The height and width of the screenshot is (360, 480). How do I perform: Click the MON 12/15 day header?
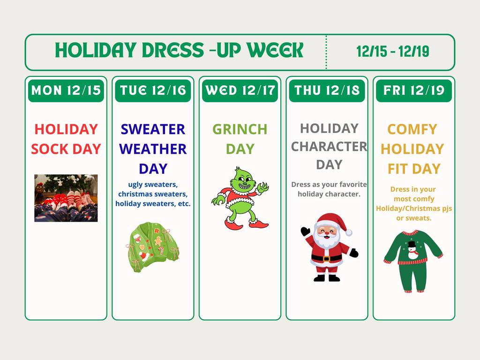coord(66,90)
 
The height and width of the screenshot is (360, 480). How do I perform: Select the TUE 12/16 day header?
coord(153,90)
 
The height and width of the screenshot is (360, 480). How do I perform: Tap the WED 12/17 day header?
coord(240,90)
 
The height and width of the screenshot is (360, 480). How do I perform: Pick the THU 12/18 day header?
coord(327,90)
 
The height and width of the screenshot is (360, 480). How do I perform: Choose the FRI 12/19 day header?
coord(414,90)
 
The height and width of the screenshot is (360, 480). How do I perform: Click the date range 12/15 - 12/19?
coord(392,52)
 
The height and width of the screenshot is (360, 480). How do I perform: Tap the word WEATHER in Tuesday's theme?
coord(153,149)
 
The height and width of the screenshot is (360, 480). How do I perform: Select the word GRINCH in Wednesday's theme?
coord(240,129)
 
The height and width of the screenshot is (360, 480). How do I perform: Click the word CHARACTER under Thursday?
coord(329,146)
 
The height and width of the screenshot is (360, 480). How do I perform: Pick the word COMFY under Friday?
coord(412,129)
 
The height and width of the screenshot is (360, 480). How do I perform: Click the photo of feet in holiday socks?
coord(66,198)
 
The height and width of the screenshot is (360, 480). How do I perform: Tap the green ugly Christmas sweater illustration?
coord(152,247)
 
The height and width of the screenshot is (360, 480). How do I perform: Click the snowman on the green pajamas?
coord(412,251)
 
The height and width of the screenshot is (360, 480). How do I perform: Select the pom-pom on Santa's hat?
coord(349,232)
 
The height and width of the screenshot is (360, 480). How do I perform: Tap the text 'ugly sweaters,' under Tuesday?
coord(153,184)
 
